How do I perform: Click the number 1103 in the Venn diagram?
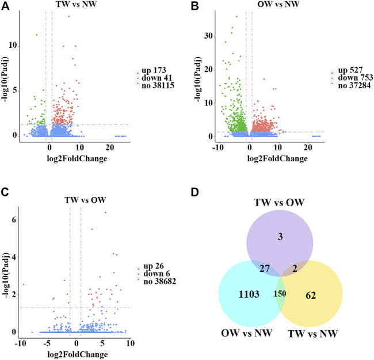tap(248, 294)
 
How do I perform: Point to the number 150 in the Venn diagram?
tap(280, 294)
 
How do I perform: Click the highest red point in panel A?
tap(69, 16)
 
